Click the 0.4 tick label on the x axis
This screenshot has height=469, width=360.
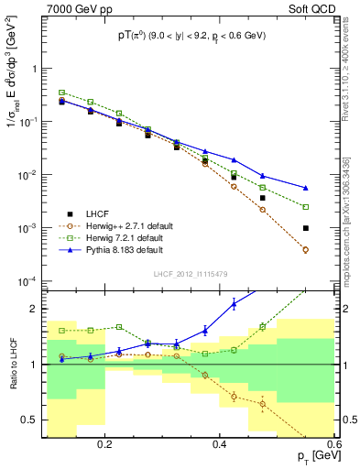(220, 444)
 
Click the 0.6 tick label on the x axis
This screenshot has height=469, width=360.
(333, 444)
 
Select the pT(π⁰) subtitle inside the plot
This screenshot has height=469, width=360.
(191, 37)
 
